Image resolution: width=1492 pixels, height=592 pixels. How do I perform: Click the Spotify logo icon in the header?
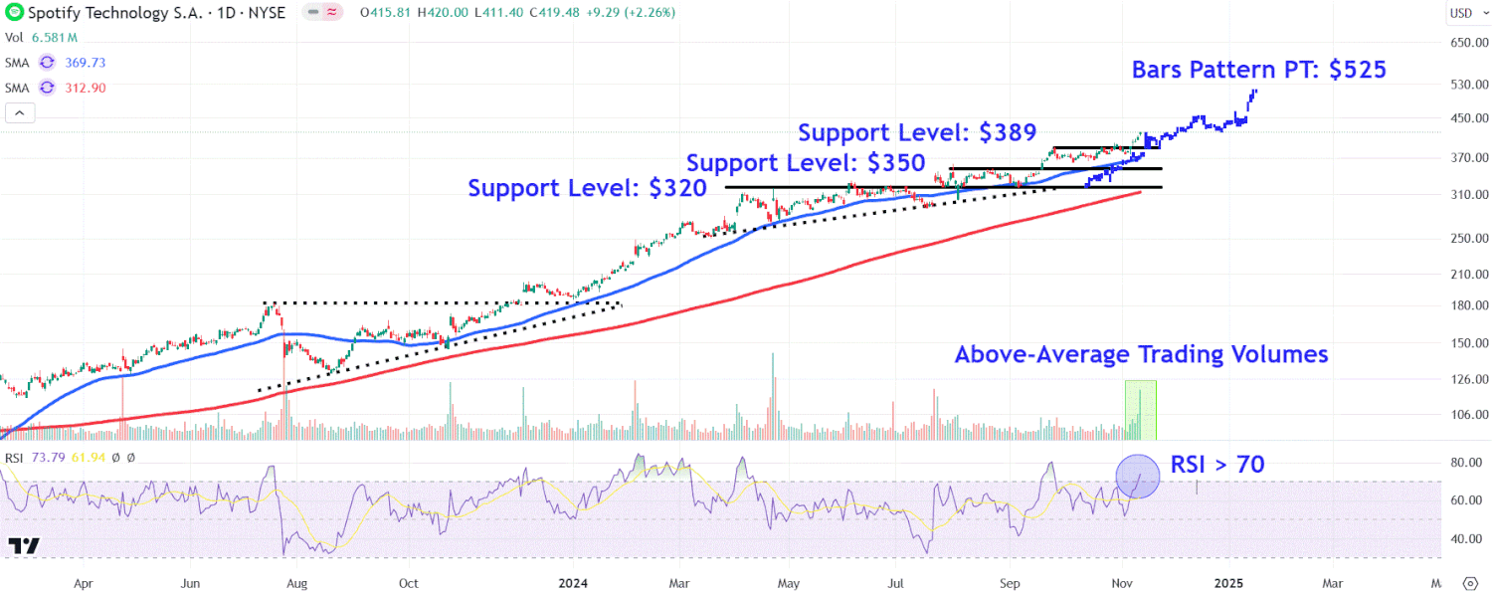(x=13, y=13)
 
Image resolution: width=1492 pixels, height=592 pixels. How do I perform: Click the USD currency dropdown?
(x=1460, y=13)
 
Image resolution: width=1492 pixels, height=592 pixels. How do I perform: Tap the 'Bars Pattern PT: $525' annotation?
(x=1258, y=70)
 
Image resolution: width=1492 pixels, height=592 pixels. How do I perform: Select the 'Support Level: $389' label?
(x=917, y=132)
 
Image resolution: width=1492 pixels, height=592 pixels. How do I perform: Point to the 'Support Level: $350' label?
(x=806, y=162)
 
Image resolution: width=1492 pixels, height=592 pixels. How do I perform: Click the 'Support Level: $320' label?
(x=587, y=187)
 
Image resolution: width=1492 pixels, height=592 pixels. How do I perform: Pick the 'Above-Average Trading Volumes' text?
(x=1141, y=354)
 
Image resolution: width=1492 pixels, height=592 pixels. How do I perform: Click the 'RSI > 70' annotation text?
(x=1216, y=464)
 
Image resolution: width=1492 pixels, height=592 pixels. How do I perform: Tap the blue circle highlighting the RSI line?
(x=1137, y=476)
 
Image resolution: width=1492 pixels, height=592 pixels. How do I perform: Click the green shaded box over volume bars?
(x=1140, y=409)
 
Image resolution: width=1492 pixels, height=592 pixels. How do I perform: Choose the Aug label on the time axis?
(x=297, y=583)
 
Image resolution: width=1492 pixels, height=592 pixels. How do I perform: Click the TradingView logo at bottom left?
(x=23, y=545)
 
